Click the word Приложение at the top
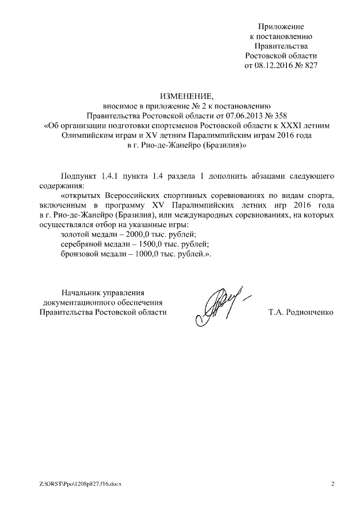[281, 26]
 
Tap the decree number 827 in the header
[311, 65]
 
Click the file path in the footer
[77, 484]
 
